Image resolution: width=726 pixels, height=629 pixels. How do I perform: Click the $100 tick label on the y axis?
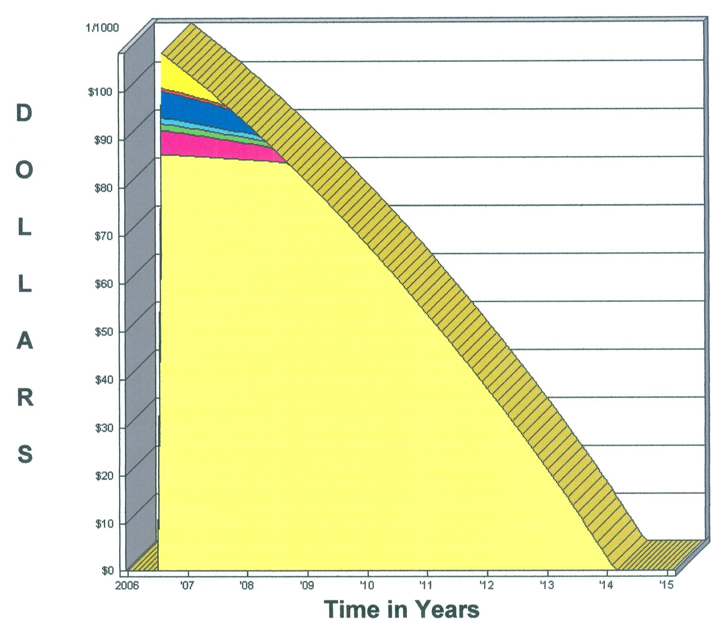click(100, 92)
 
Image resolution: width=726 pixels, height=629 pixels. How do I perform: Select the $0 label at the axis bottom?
click(108, 571)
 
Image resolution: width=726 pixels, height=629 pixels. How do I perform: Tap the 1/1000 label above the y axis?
click(102, 28)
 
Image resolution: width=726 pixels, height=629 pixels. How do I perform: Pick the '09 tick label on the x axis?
click(307, 585)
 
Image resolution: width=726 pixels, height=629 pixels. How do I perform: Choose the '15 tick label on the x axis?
click(667, 585)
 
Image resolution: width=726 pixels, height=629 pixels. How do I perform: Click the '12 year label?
click(487, 585)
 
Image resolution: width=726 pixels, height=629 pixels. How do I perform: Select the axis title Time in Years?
click(401, 610)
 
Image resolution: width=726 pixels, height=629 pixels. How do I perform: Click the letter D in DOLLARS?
click(24, 113)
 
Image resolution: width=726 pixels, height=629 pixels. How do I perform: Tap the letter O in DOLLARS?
click(24, 170)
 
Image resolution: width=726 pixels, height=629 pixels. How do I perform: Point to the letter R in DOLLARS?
click(25, 398)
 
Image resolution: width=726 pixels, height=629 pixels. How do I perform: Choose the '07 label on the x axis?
click(187, 585)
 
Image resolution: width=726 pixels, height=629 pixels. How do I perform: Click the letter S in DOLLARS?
click(25, 454)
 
